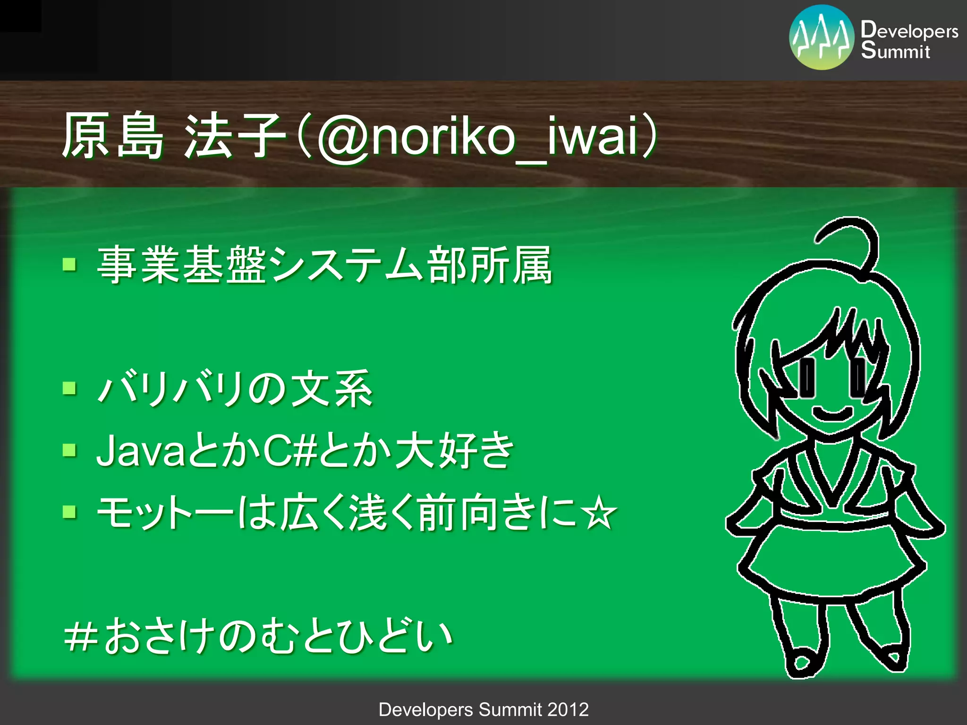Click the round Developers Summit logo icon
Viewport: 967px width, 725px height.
pyautogui.click(x=821, y=37)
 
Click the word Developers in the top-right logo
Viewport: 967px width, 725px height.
pyautogui.click(x=909, y=30)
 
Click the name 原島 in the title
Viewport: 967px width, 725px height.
pyautogui.click(x=113, y=136)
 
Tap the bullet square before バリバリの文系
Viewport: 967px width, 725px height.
pyautogui.click(x=69, y=388)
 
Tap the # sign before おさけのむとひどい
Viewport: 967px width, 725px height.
pyautogui.click(x=81, y=636)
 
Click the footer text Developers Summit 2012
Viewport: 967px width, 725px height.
pyautogui.click(x=483, y=709)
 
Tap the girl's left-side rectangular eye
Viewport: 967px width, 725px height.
pyautogui.click(x=807, y=378)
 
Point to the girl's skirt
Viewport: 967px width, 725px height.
pyautogui.click(x=831, y=562)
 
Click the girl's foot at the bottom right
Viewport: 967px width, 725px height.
pyautogui.click(x=892, y=658)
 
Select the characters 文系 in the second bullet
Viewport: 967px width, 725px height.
pyautogui.click(x=331, y=389)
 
